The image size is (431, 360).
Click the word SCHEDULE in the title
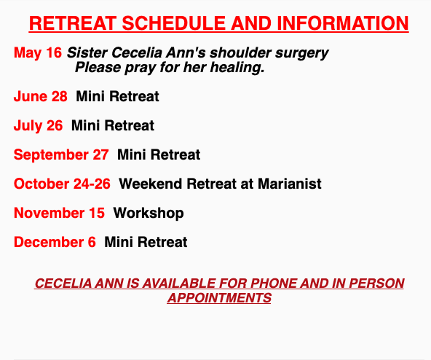click(173, 23)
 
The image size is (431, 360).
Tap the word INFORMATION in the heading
click(343, 23)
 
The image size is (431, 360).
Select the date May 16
click(38, 52)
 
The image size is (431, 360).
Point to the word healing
click(237, 68)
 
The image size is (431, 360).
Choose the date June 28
click(41, 96)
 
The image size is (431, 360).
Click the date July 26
click(38, 125)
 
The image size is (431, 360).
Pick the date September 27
click(61, 154)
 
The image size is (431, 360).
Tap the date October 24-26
click(62, 184)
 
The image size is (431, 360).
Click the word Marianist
click(290, 184)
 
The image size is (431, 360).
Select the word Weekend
click(151, 184)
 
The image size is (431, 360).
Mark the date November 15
click(59, 213)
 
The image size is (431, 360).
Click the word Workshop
click(149, 213)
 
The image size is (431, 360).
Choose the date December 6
click(55, 242)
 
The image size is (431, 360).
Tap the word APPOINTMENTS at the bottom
click(219, 298)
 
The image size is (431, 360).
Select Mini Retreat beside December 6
click(146, 242)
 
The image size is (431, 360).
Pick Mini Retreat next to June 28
click(117, 96)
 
